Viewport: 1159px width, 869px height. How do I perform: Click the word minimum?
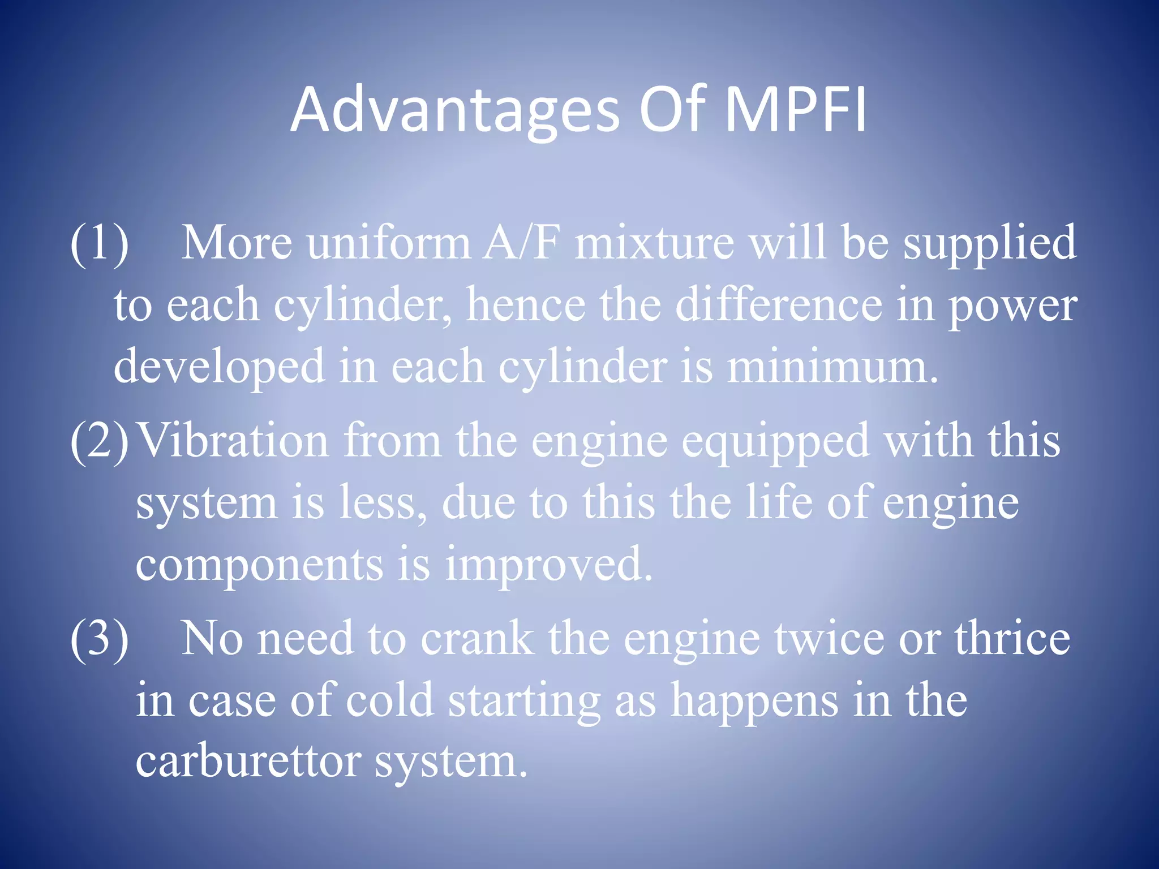832,367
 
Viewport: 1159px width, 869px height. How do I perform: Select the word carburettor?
248,761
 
